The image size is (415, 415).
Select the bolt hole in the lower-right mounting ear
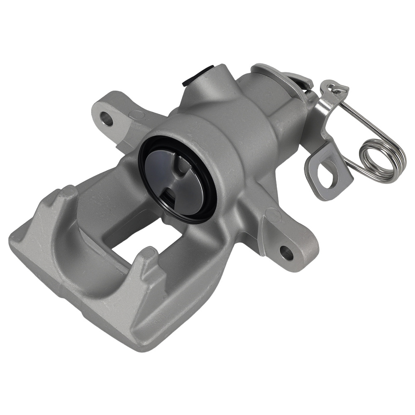pyautogui.click(x=286, y=252)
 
